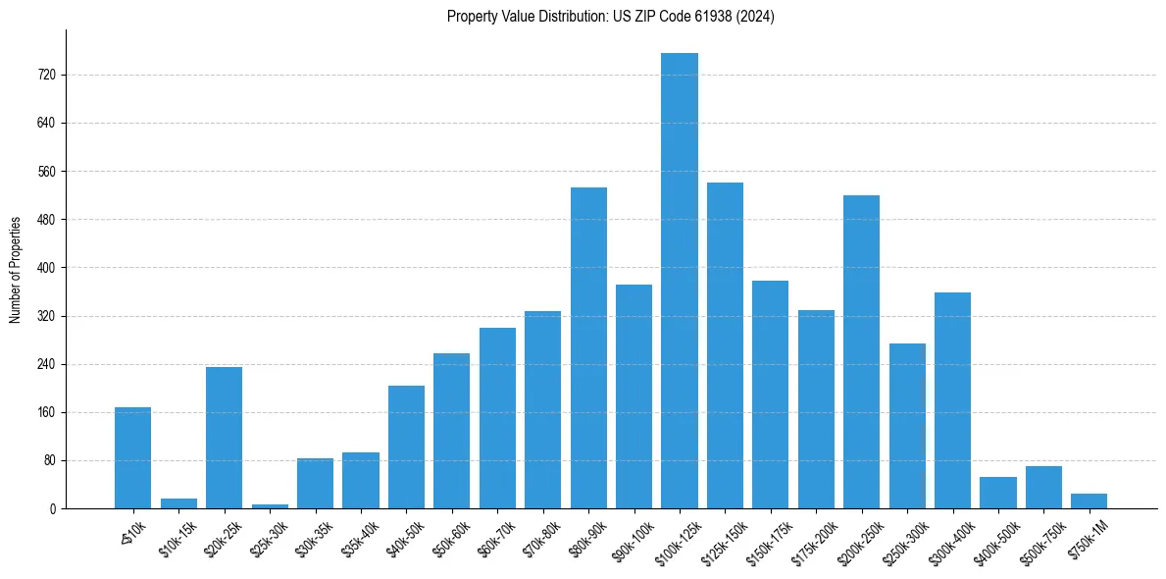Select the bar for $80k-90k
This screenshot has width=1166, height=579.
click(588, 347)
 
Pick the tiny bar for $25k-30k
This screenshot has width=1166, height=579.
click(270, 505)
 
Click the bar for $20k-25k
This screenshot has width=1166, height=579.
click(224, 438)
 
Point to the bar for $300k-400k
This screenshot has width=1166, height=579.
click(952, 400)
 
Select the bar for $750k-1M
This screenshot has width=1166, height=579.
click(1089, 501)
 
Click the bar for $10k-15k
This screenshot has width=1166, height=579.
click(178, 503)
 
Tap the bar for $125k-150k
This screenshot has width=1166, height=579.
click(725, 345)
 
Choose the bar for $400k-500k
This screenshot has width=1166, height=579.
click(997, 493)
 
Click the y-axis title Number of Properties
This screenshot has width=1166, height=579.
click(16, 269)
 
